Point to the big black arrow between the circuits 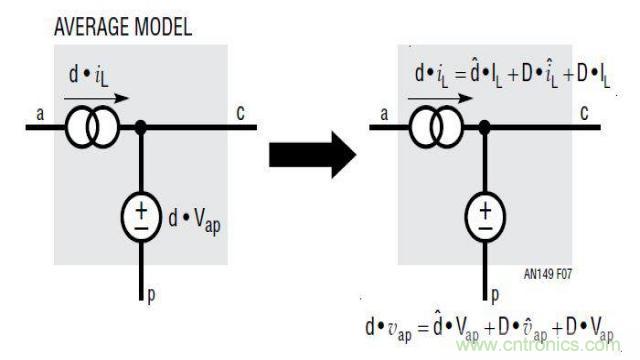(x=312, y=154)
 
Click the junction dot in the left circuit (x=141, y=127)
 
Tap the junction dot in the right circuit (x=485, y=127)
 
